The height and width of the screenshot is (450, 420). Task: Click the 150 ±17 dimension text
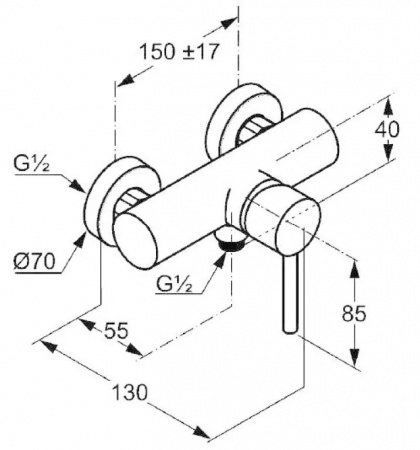click(x=179, y=52)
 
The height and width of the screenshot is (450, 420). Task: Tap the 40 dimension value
click(x=387, y=129)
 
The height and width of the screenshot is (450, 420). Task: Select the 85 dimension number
click(x=354, y=313)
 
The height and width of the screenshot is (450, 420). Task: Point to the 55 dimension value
click(x=116, y=331)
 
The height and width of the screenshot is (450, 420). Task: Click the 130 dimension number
click(x=129, y=392)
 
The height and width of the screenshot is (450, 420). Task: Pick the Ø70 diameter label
click(x=34, y=261)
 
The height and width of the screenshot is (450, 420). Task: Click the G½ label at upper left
click(x=31, y=164)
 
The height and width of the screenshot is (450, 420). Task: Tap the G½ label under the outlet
click(x=174, y=284)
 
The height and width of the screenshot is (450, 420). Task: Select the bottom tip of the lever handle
click(x=290, y=331)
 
